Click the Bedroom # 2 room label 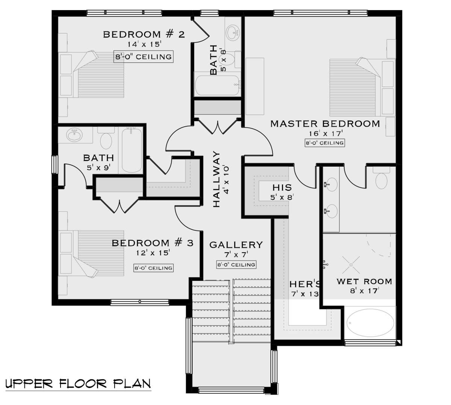click(144, 35)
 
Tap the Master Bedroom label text click(325, 124)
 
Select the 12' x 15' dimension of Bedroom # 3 click(153, 253)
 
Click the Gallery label click(236, 245)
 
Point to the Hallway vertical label click(216, 179)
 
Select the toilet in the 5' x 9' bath click(106, 138)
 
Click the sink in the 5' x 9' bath click(74, 135)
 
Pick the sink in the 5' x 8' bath click(233, 33)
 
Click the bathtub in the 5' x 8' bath click(217, 85)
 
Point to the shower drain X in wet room click(351, 265)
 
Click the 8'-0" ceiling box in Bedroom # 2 click(144, 57)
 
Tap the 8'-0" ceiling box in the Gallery click(236, 265)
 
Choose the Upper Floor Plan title click(78, 384)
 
